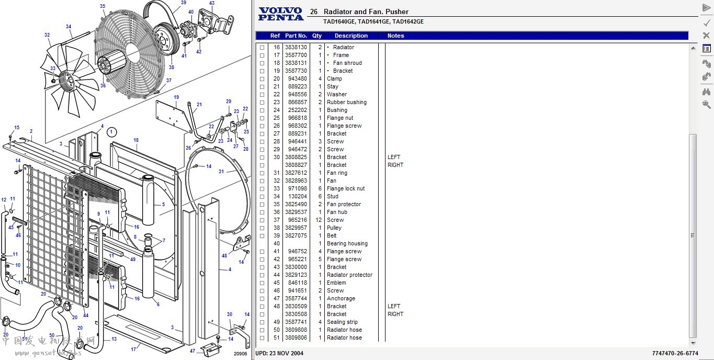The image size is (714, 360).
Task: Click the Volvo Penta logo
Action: [281, 14]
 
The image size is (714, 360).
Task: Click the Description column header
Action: [351, 36]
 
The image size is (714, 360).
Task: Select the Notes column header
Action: [395, 36]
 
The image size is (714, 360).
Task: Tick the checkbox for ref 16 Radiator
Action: [262, 48]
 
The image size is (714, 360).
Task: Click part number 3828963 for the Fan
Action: [296, 181]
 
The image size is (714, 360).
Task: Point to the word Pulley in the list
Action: [334, 228]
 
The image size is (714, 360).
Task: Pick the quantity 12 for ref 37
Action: [318, 220]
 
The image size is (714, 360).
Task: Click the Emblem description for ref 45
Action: [336, 283]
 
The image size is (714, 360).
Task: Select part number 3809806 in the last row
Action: [296, 337]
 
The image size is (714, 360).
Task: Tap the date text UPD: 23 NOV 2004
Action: [279, 353]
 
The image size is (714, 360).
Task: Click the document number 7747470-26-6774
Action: [675, 353]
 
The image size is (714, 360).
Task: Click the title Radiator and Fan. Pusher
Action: [366, 12]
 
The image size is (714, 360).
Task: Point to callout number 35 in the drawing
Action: [103, 6]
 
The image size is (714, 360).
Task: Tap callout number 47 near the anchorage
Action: [192, 351]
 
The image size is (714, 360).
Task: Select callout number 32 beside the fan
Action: [47, 36]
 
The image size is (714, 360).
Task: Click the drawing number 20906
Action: [240, 353]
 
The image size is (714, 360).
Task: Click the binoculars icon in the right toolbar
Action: [706, 92]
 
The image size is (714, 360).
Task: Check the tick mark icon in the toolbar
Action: [706, 22]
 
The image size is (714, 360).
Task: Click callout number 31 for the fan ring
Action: [221, 172]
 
